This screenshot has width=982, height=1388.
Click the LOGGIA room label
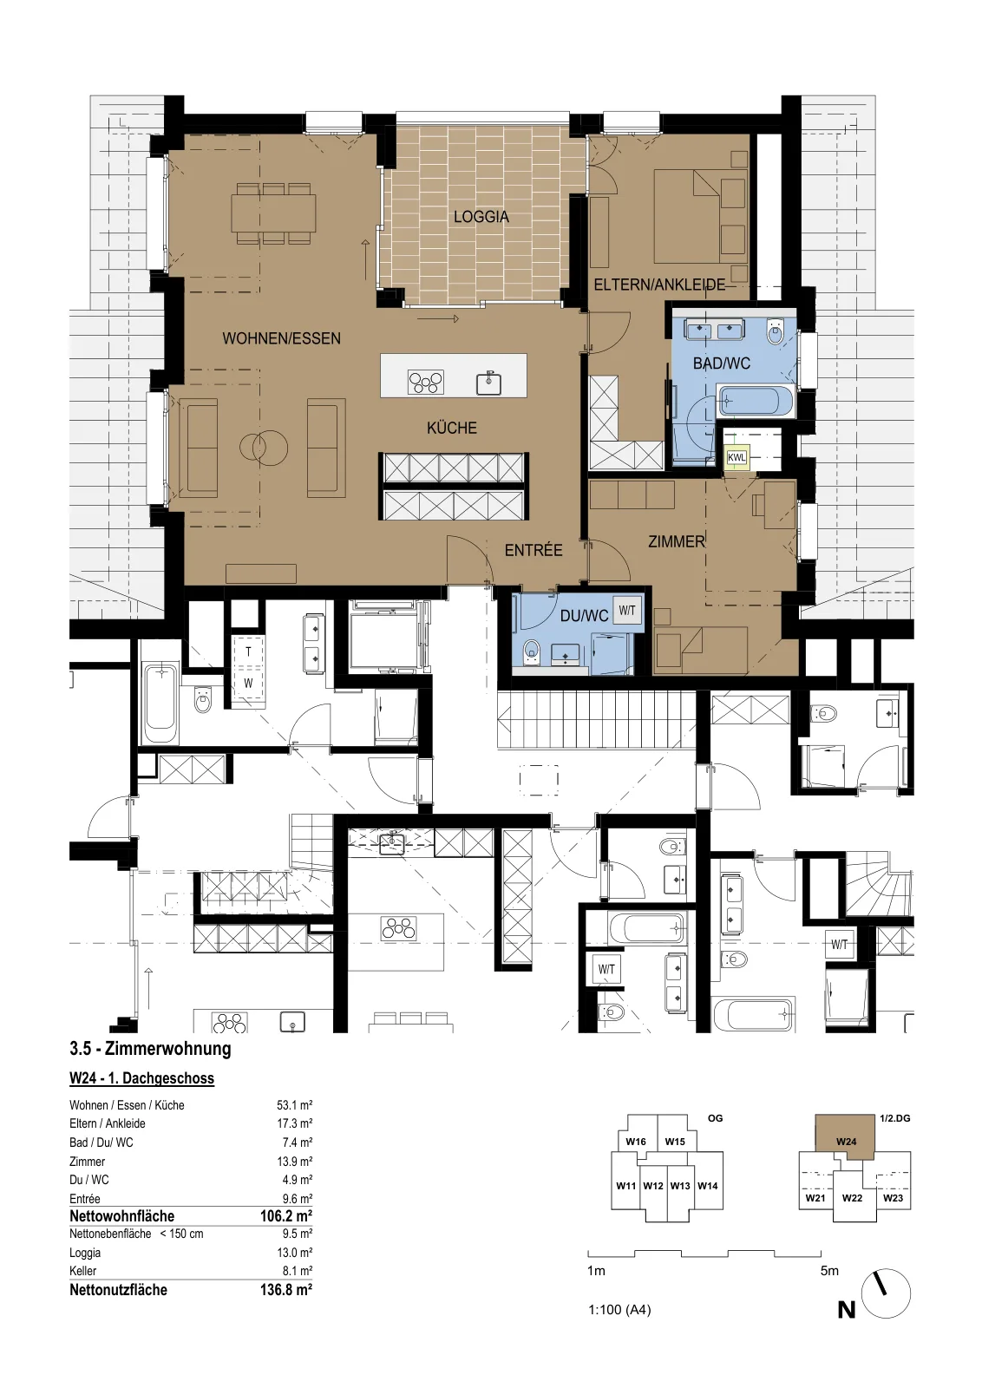[x=481, y=217]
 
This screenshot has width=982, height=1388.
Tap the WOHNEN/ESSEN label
[x=281, y=338]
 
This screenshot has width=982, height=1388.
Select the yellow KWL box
[x=737, y=457]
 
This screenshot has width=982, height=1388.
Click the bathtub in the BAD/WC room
[x=755, y=400]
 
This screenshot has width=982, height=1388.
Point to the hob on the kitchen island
[x=426, y=381]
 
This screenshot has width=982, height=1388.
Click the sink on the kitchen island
[x=489, y=383]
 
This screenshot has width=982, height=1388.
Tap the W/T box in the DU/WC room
[x=627, y=611]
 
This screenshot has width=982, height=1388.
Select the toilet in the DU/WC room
[x=532, y=651]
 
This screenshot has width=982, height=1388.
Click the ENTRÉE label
[x=534, y=550]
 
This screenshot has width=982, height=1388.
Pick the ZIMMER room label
[x=677, y=541]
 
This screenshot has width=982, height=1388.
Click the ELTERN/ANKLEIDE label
[x=660, y=285]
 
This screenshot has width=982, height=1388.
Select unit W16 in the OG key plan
[x=636, y=1142]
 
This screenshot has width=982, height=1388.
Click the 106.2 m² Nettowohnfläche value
[x=286, y=1215]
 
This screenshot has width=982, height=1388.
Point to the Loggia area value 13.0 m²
[x=294, y=1253]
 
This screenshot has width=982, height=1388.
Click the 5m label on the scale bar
[x=829, y=1270]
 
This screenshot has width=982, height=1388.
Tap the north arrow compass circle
[x=886, y=1295]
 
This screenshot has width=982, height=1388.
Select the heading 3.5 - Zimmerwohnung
[x=151, y=1049]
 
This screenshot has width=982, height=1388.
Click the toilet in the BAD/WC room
[x=776, y=331]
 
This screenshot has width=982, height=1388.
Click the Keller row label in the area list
[x=83, y=1271]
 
